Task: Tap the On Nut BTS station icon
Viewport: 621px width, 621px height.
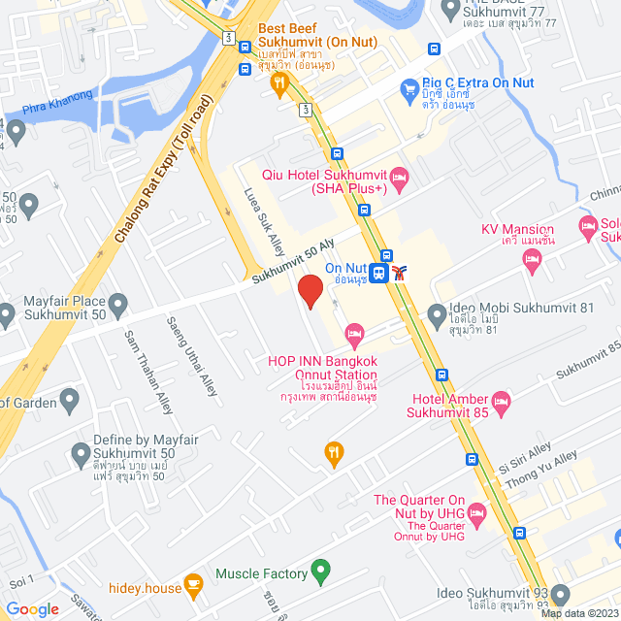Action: [380, 273]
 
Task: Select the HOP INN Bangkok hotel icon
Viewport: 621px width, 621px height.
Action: [355, 336]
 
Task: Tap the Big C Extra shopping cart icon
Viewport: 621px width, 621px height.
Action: [409, 91]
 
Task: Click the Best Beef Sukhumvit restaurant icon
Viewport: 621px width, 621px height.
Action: [278, 85]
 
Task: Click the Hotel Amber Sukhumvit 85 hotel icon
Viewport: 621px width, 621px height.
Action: [501, 400]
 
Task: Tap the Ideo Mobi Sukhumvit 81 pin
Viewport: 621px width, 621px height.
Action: [437, 311]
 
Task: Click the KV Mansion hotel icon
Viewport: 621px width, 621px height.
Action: [531, 257]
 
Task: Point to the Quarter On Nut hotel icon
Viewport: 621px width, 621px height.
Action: [475, 510]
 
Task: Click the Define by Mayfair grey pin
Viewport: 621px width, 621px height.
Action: [81, 452]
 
